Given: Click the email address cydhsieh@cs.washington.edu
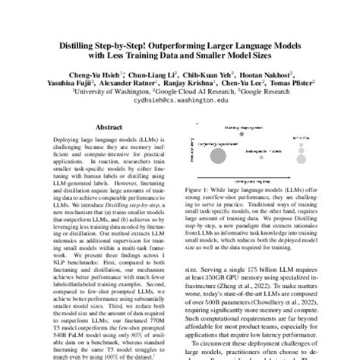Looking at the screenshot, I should [x=179, y=99].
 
